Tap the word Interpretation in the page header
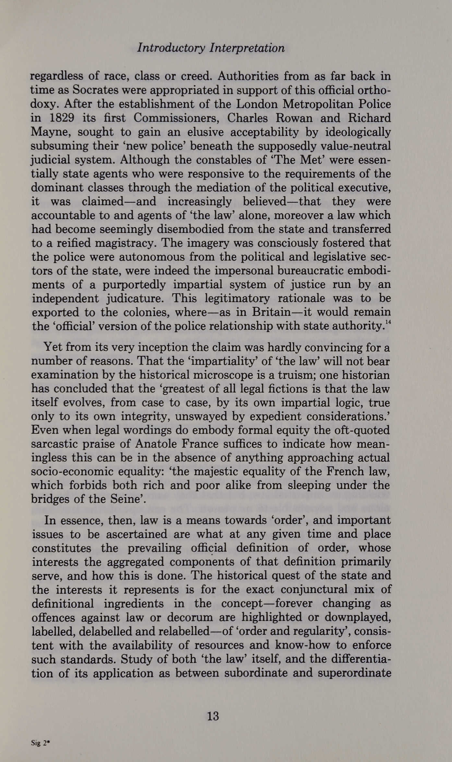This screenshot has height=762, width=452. point(247,48)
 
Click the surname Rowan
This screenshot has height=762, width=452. point(294,118)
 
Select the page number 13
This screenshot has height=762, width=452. point(213,716)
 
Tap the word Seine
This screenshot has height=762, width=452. point(125,499)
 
